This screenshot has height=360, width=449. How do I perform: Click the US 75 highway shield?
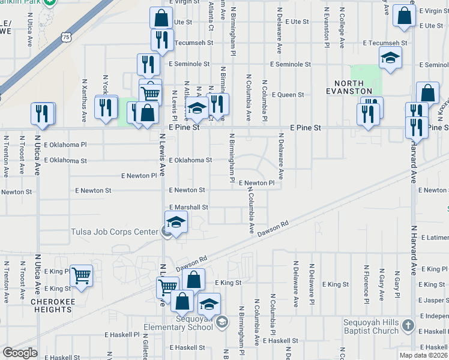(x=66, y=37)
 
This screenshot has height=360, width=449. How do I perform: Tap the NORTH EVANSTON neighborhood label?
(x=358, y=87)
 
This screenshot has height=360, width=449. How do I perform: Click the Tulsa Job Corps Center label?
(x=115, y=231)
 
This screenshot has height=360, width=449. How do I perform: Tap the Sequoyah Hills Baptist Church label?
(x=370, y=326)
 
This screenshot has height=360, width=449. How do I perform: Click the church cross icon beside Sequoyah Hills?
(x=408, y=326)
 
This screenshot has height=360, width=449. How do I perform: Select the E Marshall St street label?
(x=187, y=207)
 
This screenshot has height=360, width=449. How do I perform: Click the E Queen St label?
(x=288, y=95)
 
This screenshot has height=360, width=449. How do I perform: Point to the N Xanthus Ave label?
(x=85, y=95)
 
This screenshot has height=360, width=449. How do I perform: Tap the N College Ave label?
(x=342, y=28)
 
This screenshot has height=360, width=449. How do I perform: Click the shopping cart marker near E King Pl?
(x=80, y=275)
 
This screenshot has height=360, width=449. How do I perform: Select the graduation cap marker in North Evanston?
(x=390, y=58)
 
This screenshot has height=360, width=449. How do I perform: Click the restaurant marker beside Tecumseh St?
(x=161, y=39)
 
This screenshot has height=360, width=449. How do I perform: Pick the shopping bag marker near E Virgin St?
(x=405, y=16)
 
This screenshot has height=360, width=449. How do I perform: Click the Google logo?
(x=20, y=353)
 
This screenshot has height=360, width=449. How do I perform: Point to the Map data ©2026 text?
(x=424, y=355)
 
